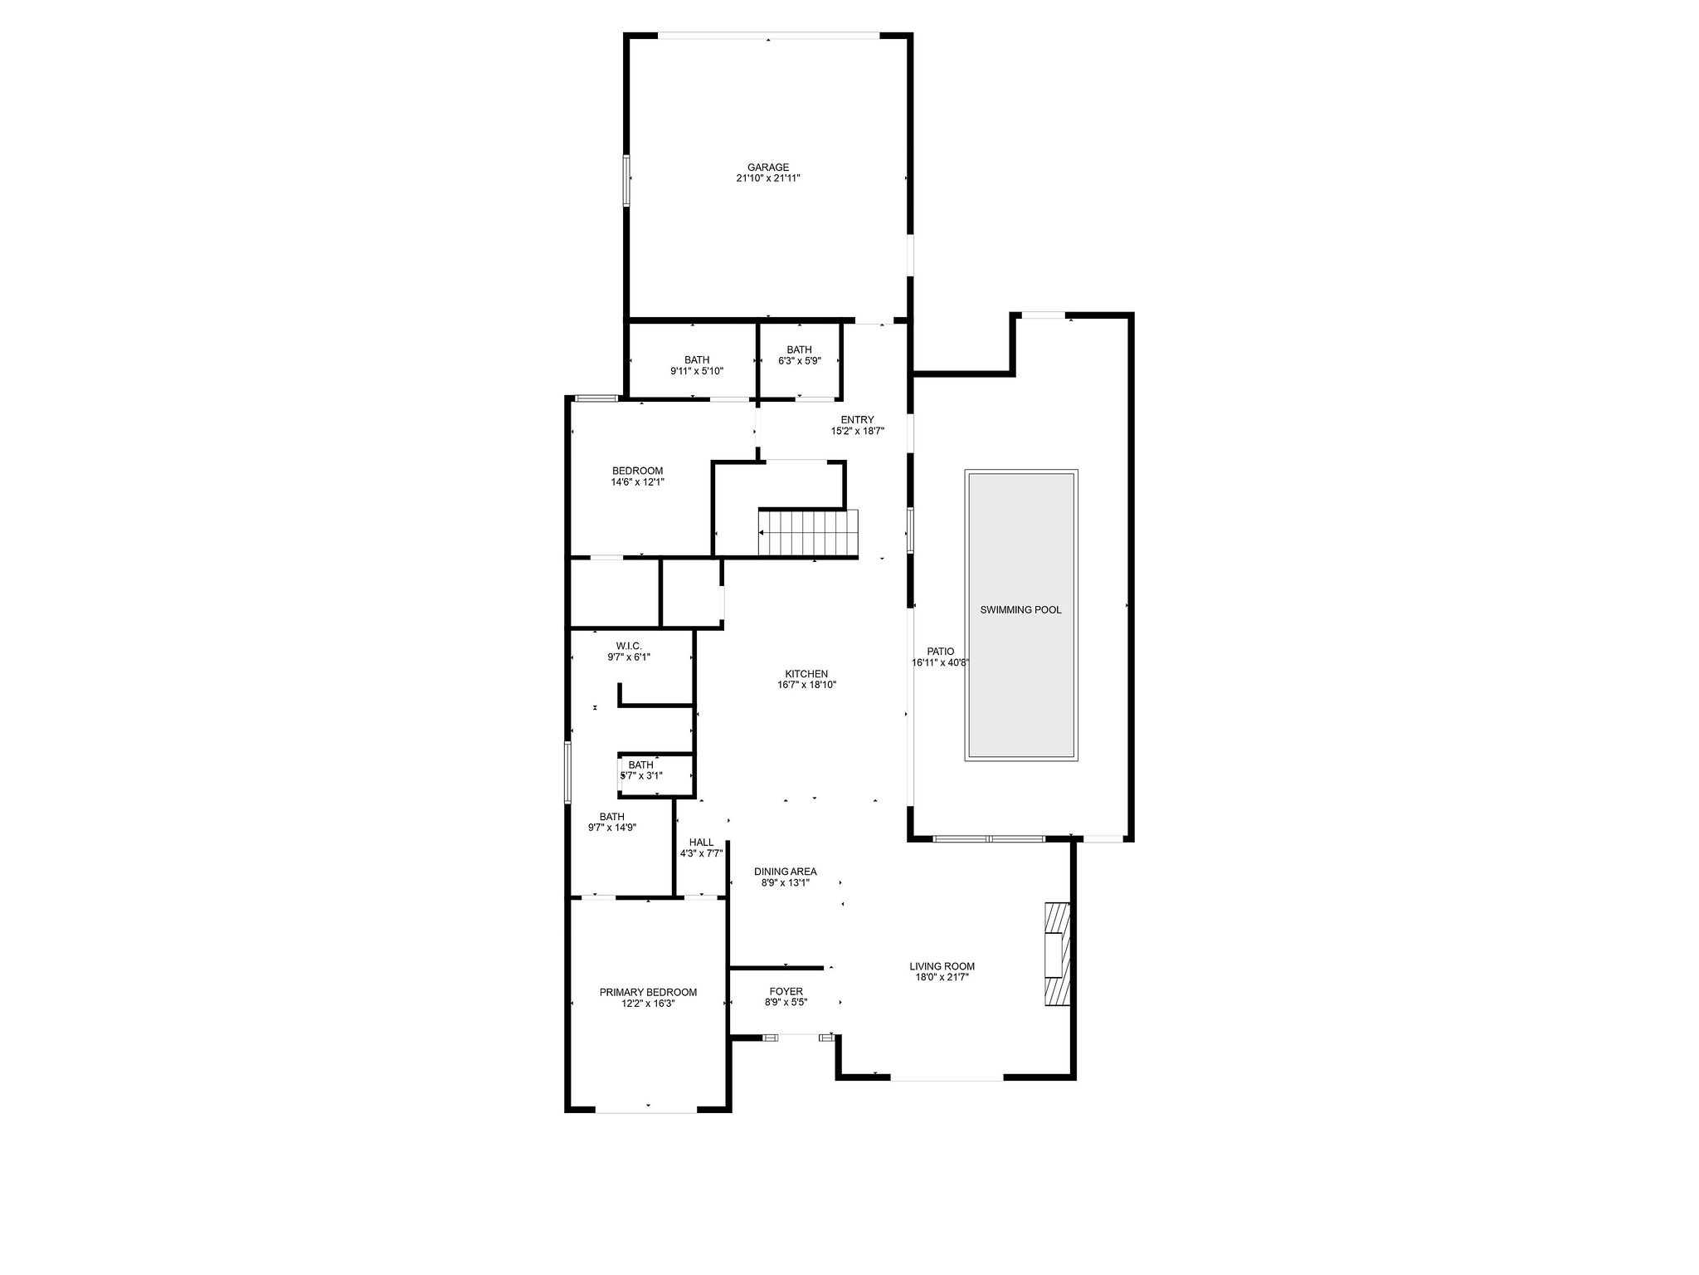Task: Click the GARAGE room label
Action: coord(767,167)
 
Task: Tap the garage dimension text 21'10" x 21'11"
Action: coord(767,178)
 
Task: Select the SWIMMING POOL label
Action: coord(1020,610)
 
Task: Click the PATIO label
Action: coord(940,652)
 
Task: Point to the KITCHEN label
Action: coord(806,674)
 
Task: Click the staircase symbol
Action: coord(808,534)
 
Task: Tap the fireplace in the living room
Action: coord(1057,955)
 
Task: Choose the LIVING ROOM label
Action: coord(942,966)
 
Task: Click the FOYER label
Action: coord(786,992)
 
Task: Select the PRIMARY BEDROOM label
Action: coord(648,992)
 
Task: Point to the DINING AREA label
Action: coord(785,872)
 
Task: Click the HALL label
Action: coord(701,843)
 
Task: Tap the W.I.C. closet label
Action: coord(629,646)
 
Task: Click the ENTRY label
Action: coord(857,420)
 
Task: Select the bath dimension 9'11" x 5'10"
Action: coord(697,371)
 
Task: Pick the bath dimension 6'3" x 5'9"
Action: coord(799,361)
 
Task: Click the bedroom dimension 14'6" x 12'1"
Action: coord(637,481)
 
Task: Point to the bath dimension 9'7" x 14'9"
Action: coord(611,828)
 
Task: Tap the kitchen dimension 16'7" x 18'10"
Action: coord(806,686)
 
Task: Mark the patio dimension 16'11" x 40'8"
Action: coord(941,663)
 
